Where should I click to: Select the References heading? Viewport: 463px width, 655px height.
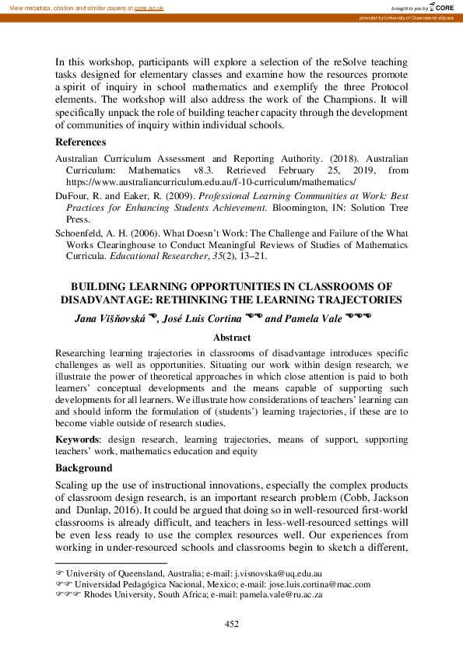[81, 142]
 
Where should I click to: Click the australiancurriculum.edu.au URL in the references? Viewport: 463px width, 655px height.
[205, 180]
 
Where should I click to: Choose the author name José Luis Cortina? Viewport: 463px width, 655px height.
[202, 318]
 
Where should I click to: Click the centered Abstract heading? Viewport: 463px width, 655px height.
[231, 338]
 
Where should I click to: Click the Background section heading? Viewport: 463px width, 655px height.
[84, 468]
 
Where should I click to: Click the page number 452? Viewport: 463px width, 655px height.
[231, 624]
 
